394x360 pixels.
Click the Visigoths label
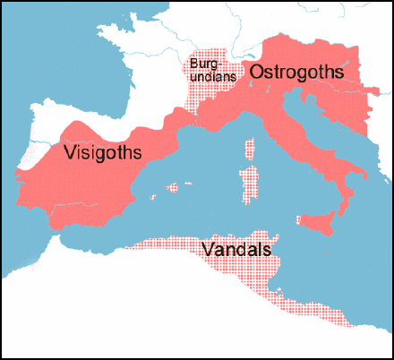[104, 153]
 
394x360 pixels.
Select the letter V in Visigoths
[70, 153]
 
